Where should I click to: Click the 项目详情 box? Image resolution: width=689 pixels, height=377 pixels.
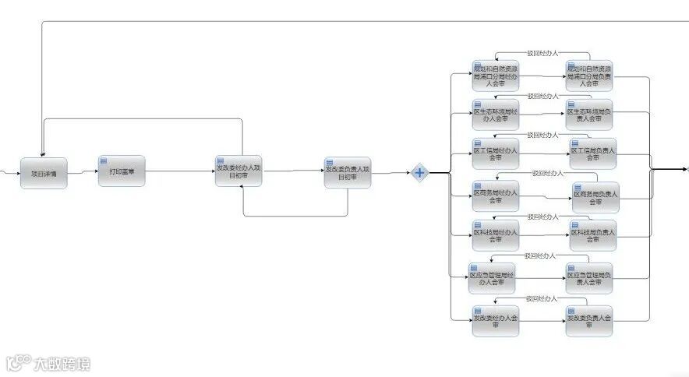pos(44,172)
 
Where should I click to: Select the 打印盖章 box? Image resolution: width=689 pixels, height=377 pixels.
pos(122,171)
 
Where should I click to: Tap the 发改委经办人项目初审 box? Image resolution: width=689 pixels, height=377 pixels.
pos(238,171)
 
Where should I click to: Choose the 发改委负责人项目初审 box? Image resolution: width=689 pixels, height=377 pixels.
pos(348,173)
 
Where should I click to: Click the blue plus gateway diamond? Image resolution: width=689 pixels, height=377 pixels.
pos(419,173)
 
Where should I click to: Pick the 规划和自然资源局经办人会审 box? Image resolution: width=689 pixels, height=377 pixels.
pos(495,75)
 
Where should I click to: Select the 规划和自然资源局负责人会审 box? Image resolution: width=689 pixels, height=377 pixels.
pos(589,75)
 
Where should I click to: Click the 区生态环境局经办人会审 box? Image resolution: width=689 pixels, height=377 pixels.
pos(495,114)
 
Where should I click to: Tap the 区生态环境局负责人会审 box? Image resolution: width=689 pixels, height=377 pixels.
pos(589,114)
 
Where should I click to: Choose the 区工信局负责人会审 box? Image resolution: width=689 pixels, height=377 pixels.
pos(592,153)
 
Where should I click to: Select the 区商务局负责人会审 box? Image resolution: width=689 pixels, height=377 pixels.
pos(595,197)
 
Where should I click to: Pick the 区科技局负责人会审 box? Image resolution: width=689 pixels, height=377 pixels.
pos(592,234)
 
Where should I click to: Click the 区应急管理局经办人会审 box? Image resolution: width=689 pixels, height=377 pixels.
pos(492,278)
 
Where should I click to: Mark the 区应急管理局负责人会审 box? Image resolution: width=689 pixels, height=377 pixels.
pos(589,278)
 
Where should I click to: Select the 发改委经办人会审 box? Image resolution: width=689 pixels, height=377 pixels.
pos(496,320)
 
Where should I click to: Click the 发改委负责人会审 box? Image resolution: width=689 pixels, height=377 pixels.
pos(589,320)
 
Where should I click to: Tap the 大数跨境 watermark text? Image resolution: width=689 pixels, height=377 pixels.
pos(61,364)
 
